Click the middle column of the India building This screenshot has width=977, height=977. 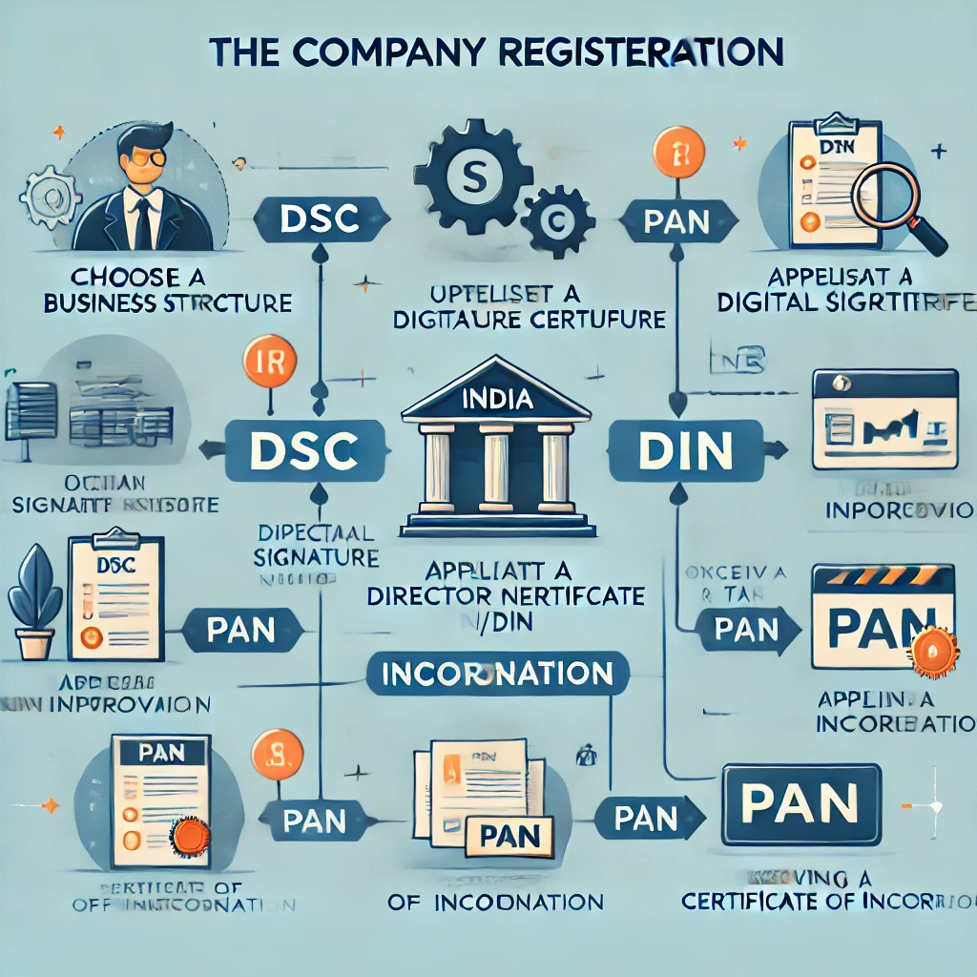coord(498,467)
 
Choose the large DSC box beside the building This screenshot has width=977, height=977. coord(305,448)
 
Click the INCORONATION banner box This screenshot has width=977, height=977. coord(497,674)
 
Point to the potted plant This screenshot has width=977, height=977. coord(35,600)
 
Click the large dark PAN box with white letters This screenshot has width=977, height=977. coord(800,804)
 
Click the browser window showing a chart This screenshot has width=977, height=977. coord(884,420)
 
